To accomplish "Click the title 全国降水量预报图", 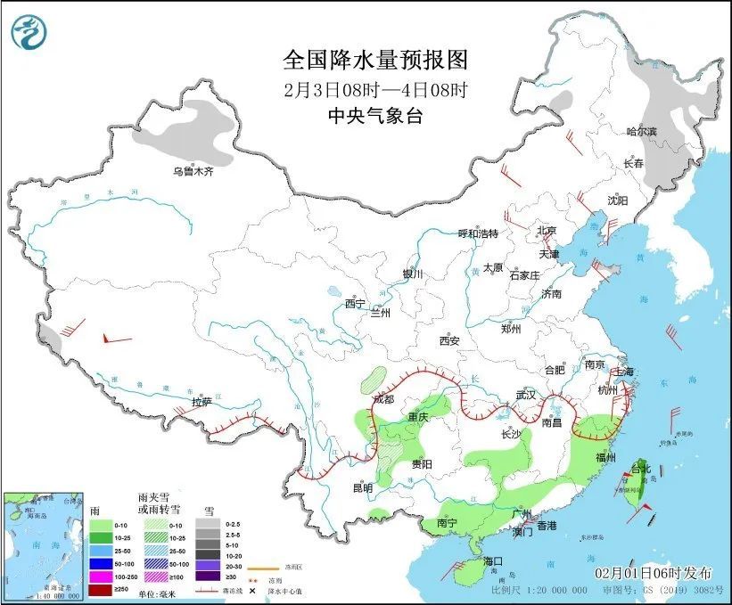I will click(x=374, y=60).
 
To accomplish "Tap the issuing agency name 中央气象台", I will click(x=374, y=115).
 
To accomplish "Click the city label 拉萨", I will click(x=202, y=402).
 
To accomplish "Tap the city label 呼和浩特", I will click(x=478, y=233).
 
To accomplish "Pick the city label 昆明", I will click(x=362, y=487).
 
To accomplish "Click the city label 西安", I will click(x=448, y=340).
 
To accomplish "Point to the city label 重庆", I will click(x=418, y=417).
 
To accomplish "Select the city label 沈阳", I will click(x=618, y=200).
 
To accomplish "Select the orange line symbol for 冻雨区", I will click(x=263, y=566).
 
